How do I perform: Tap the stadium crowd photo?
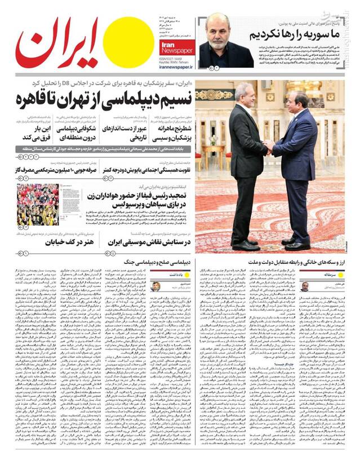(37, 204)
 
